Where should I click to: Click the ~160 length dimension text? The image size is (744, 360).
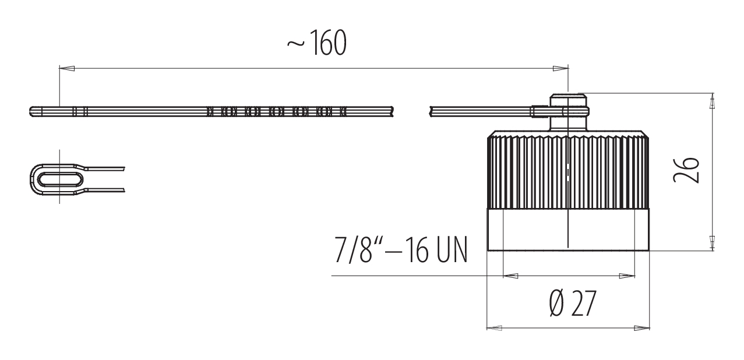(x=317, y=43)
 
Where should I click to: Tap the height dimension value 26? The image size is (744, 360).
(x=686, y=170)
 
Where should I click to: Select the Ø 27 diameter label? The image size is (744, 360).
(x=573, y=303)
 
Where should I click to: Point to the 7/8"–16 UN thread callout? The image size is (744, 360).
(x=401, y=250)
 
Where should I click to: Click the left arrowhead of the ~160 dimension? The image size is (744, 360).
(x=67, y=68)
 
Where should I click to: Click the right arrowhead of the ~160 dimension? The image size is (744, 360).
(x=560, y=68)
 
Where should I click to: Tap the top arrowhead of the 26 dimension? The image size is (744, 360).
(x=712, y=101)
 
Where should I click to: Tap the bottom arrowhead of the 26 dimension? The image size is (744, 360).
(x=712, y=243)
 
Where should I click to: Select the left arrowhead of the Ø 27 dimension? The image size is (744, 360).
(x=494, y=328)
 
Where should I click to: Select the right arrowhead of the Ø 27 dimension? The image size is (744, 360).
(x=641, y=328)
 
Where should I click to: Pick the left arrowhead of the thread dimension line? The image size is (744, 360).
(x=511, y=276)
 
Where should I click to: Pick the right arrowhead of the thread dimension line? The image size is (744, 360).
(x=627, y=276)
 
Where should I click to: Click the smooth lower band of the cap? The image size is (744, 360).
(x=568, y=230)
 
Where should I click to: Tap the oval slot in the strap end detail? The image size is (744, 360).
(x=60, y=179)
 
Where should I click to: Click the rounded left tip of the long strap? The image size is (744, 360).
(x=31, y=112)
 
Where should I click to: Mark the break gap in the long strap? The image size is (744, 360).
(x=411, y=112)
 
